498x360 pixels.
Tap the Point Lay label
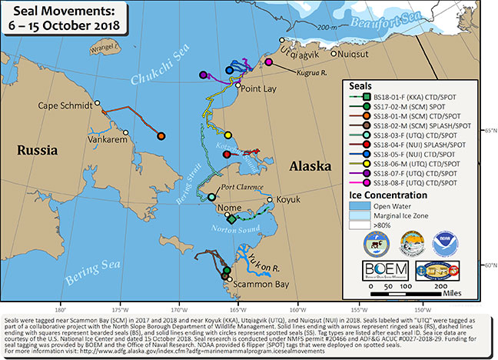pyautogui.click(x=261, y=89)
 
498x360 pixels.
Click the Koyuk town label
pyautogui.click(x=287, y=198)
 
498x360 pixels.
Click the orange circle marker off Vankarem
pyautogui.click(x=161, y=136)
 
